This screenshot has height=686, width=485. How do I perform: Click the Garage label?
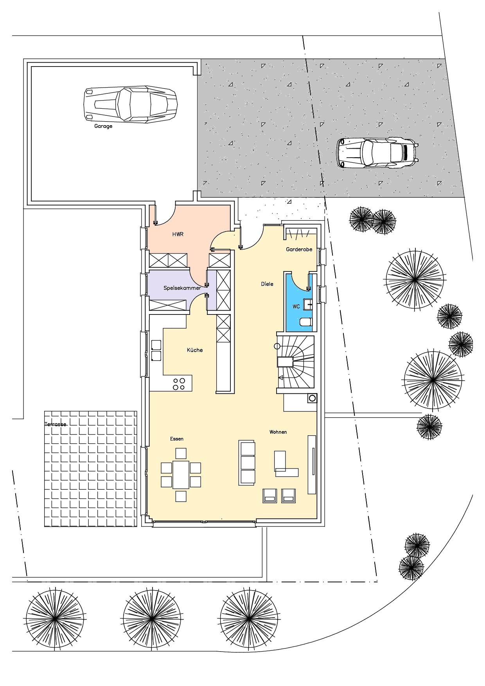click(103, 126)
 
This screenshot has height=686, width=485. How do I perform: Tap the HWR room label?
click(178, 234)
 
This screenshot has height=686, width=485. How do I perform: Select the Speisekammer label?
click(182, 288)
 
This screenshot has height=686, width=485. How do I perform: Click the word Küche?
click(195, 350)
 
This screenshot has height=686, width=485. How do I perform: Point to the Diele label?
click(267, 284)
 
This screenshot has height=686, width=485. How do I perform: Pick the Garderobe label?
click(299, 249)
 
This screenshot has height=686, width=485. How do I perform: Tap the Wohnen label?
click(278, 432)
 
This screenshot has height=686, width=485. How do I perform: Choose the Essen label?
click(177, 439)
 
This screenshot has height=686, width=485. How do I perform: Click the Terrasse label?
click(56, 424)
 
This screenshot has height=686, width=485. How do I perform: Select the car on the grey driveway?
click(378, 153)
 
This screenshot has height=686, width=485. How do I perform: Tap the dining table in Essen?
click(181, 474)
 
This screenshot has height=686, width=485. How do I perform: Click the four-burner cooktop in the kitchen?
click(179, 384)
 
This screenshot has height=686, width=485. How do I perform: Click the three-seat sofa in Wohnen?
click(247, 463)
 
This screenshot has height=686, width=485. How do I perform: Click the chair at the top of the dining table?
click(181, 453)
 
